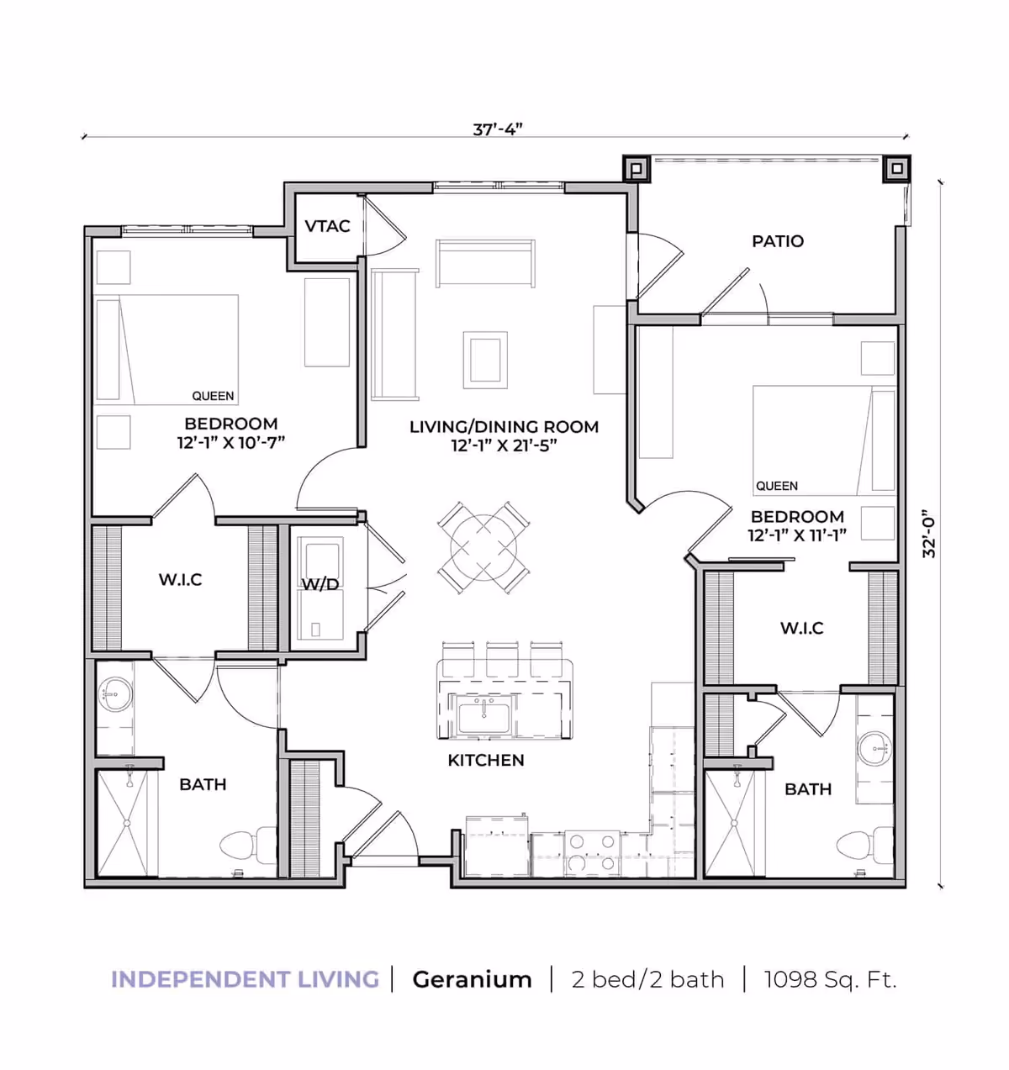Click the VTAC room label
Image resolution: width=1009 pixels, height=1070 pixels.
[327, 226]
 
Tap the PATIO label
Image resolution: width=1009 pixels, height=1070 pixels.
[778, 241]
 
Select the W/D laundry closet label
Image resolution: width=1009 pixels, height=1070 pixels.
[320, 584]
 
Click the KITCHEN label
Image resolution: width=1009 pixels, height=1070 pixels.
[486, 760]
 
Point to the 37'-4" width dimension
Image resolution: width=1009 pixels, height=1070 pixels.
[498, 129]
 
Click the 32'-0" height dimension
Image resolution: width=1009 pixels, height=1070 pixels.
[928, 534]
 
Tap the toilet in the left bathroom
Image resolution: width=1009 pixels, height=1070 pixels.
[248, 845]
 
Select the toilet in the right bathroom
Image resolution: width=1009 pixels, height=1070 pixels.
[864, 845]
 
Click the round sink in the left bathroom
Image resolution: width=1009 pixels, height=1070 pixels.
[115, 694]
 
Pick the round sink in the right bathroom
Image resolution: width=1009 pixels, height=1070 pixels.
[875, 748]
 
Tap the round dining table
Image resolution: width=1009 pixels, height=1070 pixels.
[483, 548]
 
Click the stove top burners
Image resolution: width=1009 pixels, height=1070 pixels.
[592, 853]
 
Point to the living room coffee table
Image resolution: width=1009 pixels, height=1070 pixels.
[485, 360]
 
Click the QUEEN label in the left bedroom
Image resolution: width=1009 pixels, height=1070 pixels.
[213, 396]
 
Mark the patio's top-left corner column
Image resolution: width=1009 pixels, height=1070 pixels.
[637, 169]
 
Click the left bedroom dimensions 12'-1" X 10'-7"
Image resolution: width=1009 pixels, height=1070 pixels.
[230, 442]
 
